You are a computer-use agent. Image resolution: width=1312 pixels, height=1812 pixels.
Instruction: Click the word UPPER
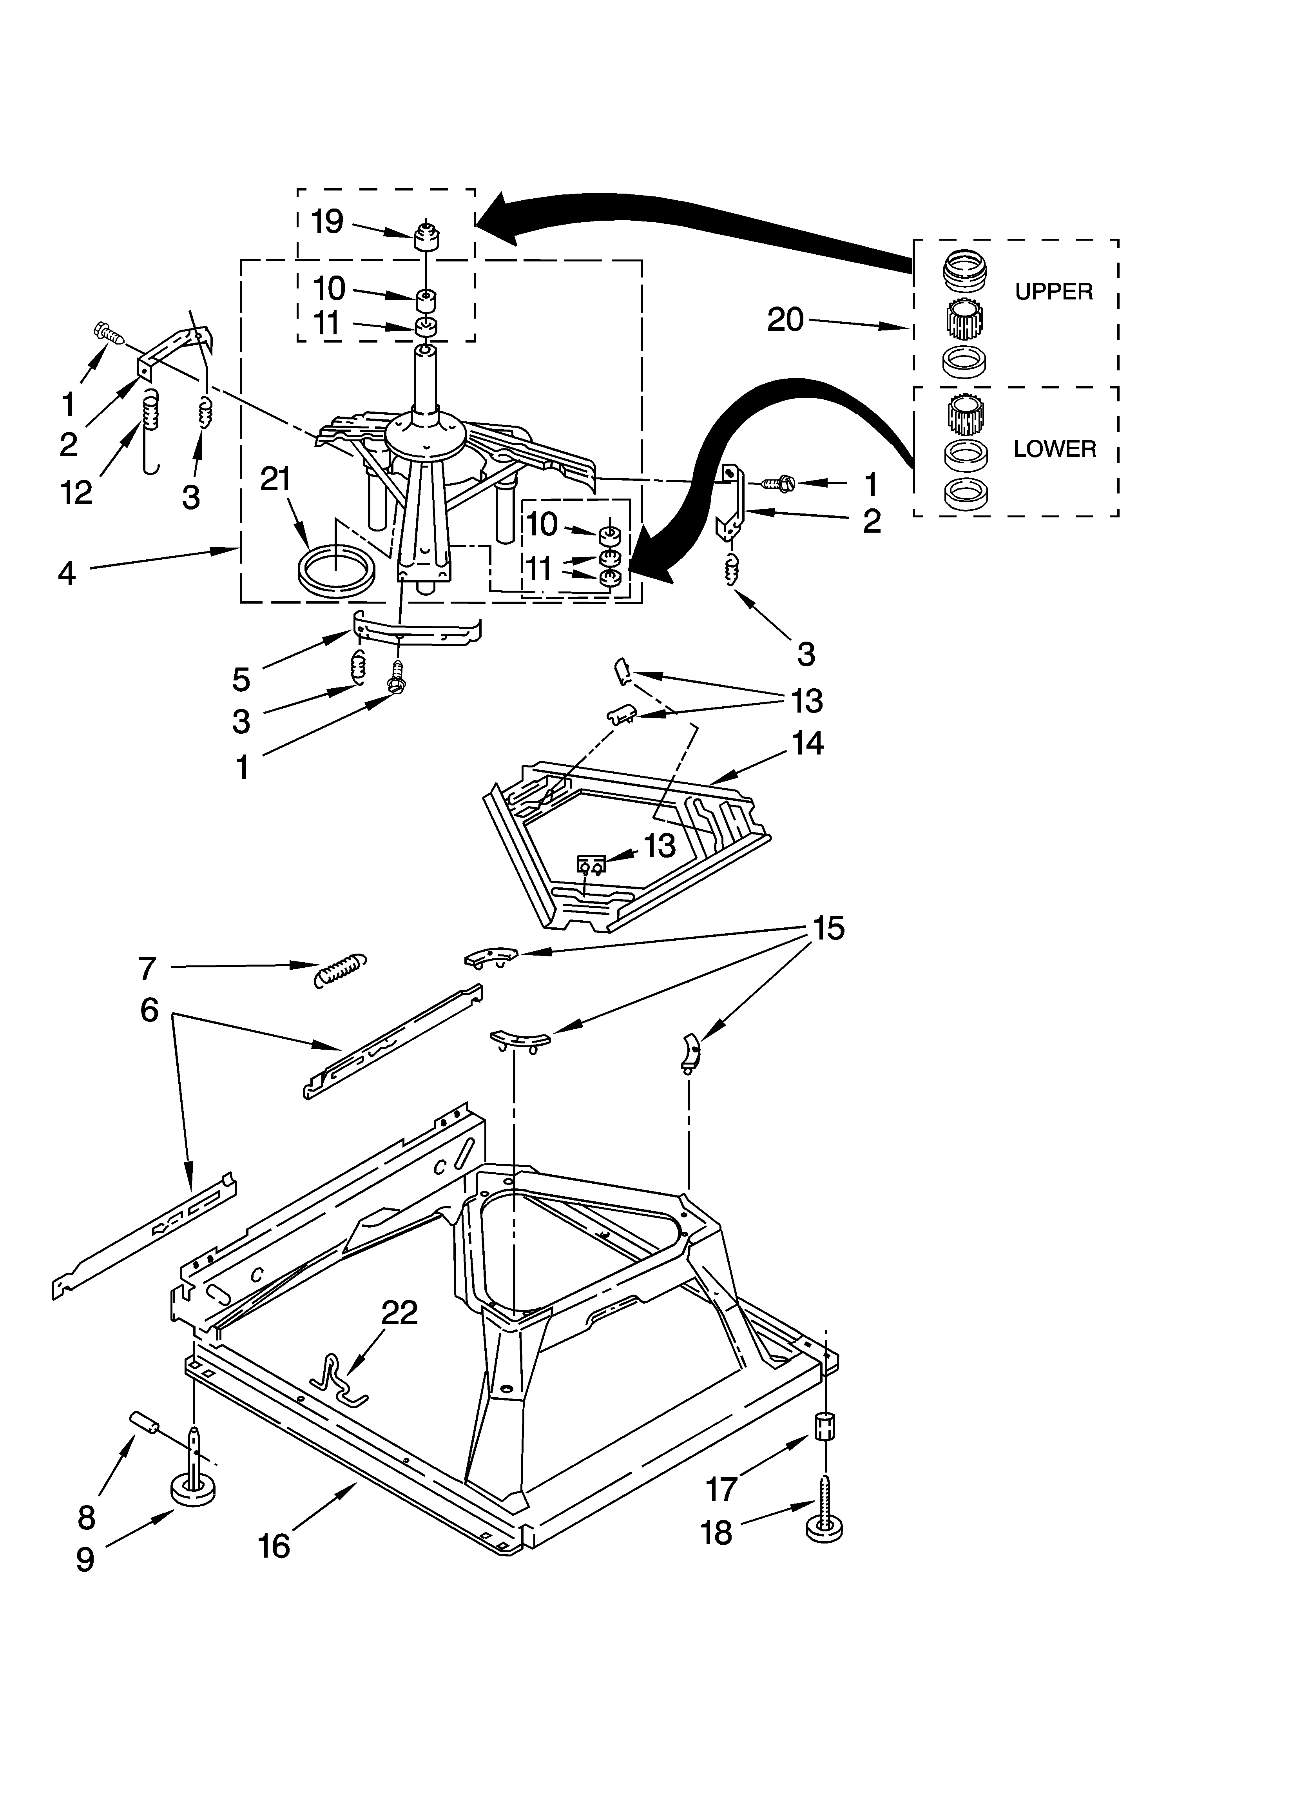pyautogui.click(x=1053, y=292)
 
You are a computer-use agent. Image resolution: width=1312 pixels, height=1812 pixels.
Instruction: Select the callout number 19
pyautogui.click(x=327, y=221)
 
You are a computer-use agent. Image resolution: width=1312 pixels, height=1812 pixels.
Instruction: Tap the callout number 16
pyautogui.click(x=274, y=1546)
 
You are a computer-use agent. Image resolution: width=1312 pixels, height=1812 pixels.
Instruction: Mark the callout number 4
pyautogui.click(x=67, y=573)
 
